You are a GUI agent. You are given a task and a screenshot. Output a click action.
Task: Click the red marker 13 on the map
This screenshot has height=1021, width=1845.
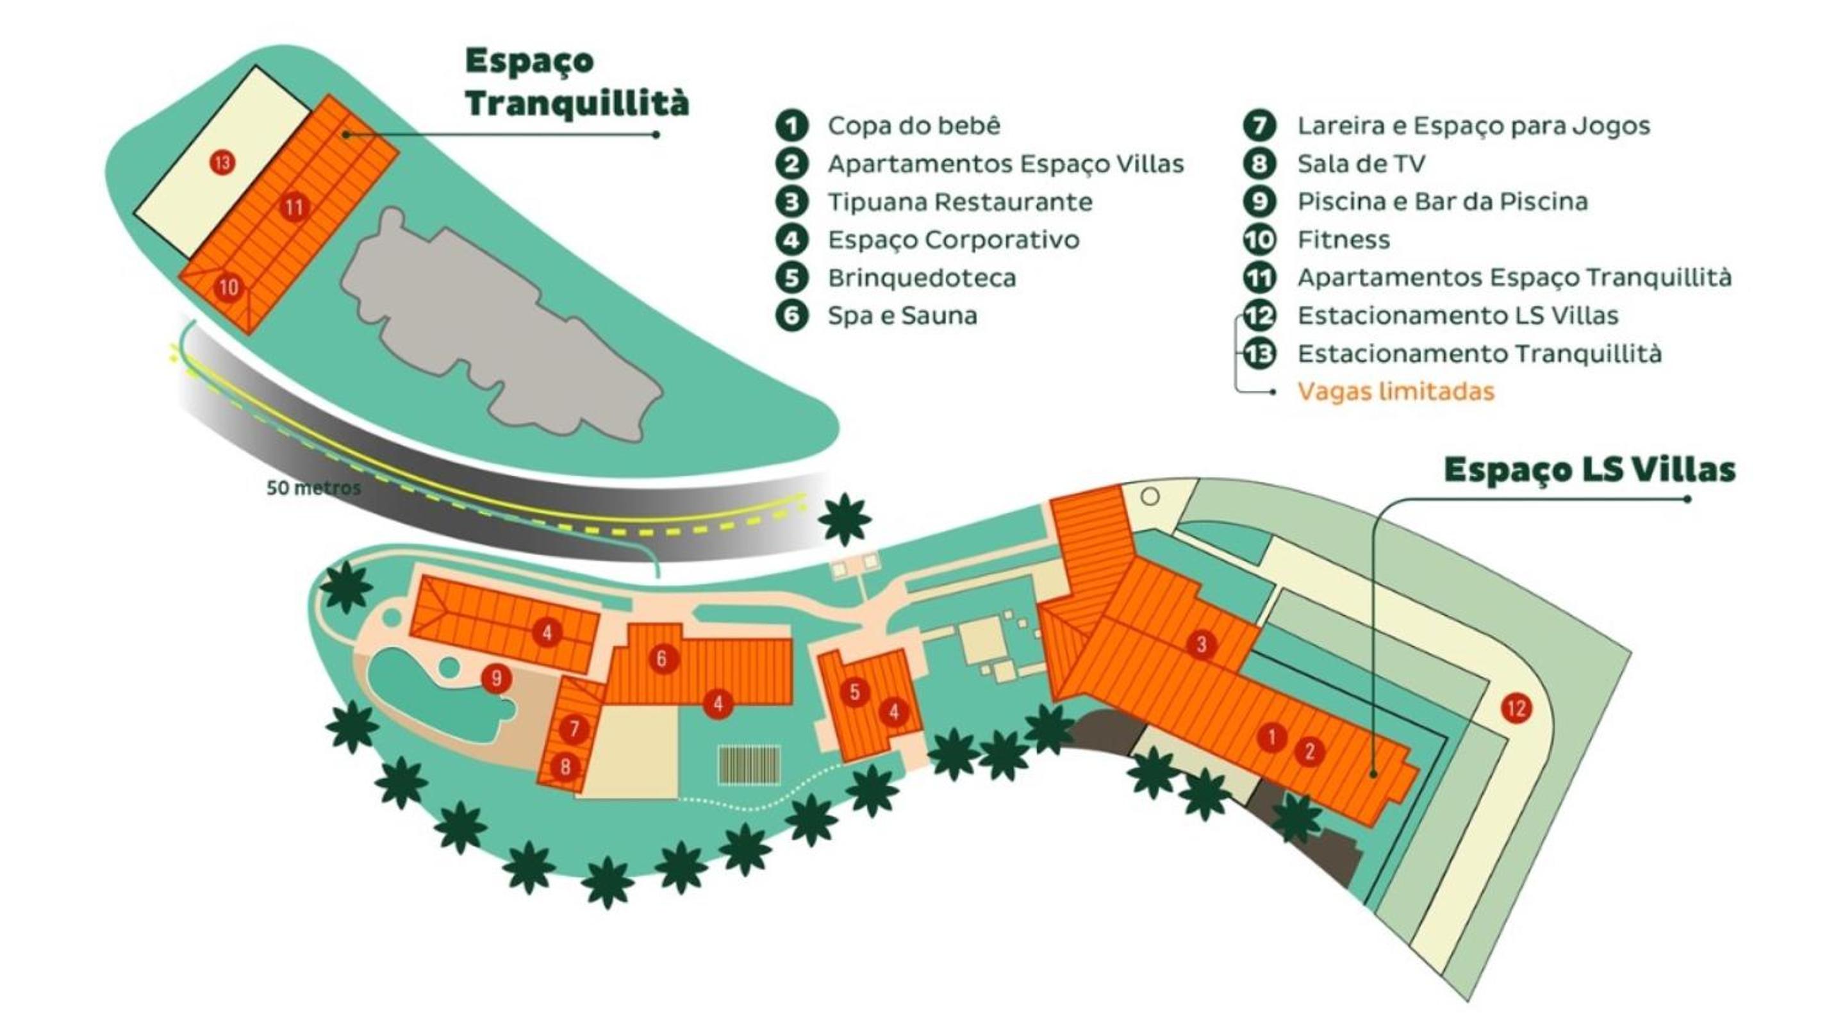222,163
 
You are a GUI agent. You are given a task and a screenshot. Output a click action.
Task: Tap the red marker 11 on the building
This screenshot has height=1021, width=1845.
294,208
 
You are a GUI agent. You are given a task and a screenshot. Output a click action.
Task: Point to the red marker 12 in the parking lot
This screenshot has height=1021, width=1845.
1516,709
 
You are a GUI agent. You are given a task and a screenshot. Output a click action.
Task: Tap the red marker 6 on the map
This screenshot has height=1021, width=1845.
661,658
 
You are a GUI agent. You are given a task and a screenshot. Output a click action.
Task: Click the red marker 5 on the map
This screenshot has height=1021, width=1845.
854,692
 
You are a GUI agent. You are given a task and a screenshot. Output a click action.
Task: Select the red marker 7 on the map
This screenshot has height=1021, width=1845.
574,729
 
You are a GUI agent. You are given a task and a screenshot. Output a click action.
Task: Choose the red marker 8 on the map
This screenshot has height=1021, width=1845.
565,767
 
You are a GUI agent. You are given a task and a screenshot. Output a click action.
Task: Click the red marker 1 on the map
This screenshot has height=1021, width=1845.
1271,736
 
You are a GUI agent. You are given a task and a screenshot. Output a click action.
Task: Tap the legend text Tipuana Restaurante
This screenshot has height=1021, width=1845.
960,202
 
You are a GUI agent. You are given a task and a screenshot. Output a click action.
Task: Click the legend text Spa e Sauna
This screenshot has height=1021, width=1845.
902,315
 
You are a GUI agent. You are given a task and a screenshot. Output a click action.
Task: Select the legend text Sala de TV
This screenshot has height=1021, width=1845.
1361,164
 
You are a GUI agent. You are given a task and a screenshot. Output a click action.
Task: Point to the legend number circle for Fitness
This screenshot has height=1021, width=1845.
1259,239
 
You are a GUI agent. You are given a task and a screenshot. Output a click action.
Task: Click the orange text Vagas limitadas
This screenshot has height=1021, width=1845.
1395,391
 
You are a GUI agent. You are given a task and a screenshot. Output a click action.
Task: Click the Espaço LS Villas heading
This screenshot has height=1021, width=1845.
1589,470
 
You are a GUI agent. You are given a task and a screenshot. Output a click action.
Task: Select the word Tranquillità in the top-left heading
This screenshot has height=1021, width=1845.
577,103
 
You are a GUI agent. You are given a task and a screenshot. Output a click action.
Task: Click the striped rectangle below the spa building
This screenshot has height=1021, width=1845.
749,765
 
